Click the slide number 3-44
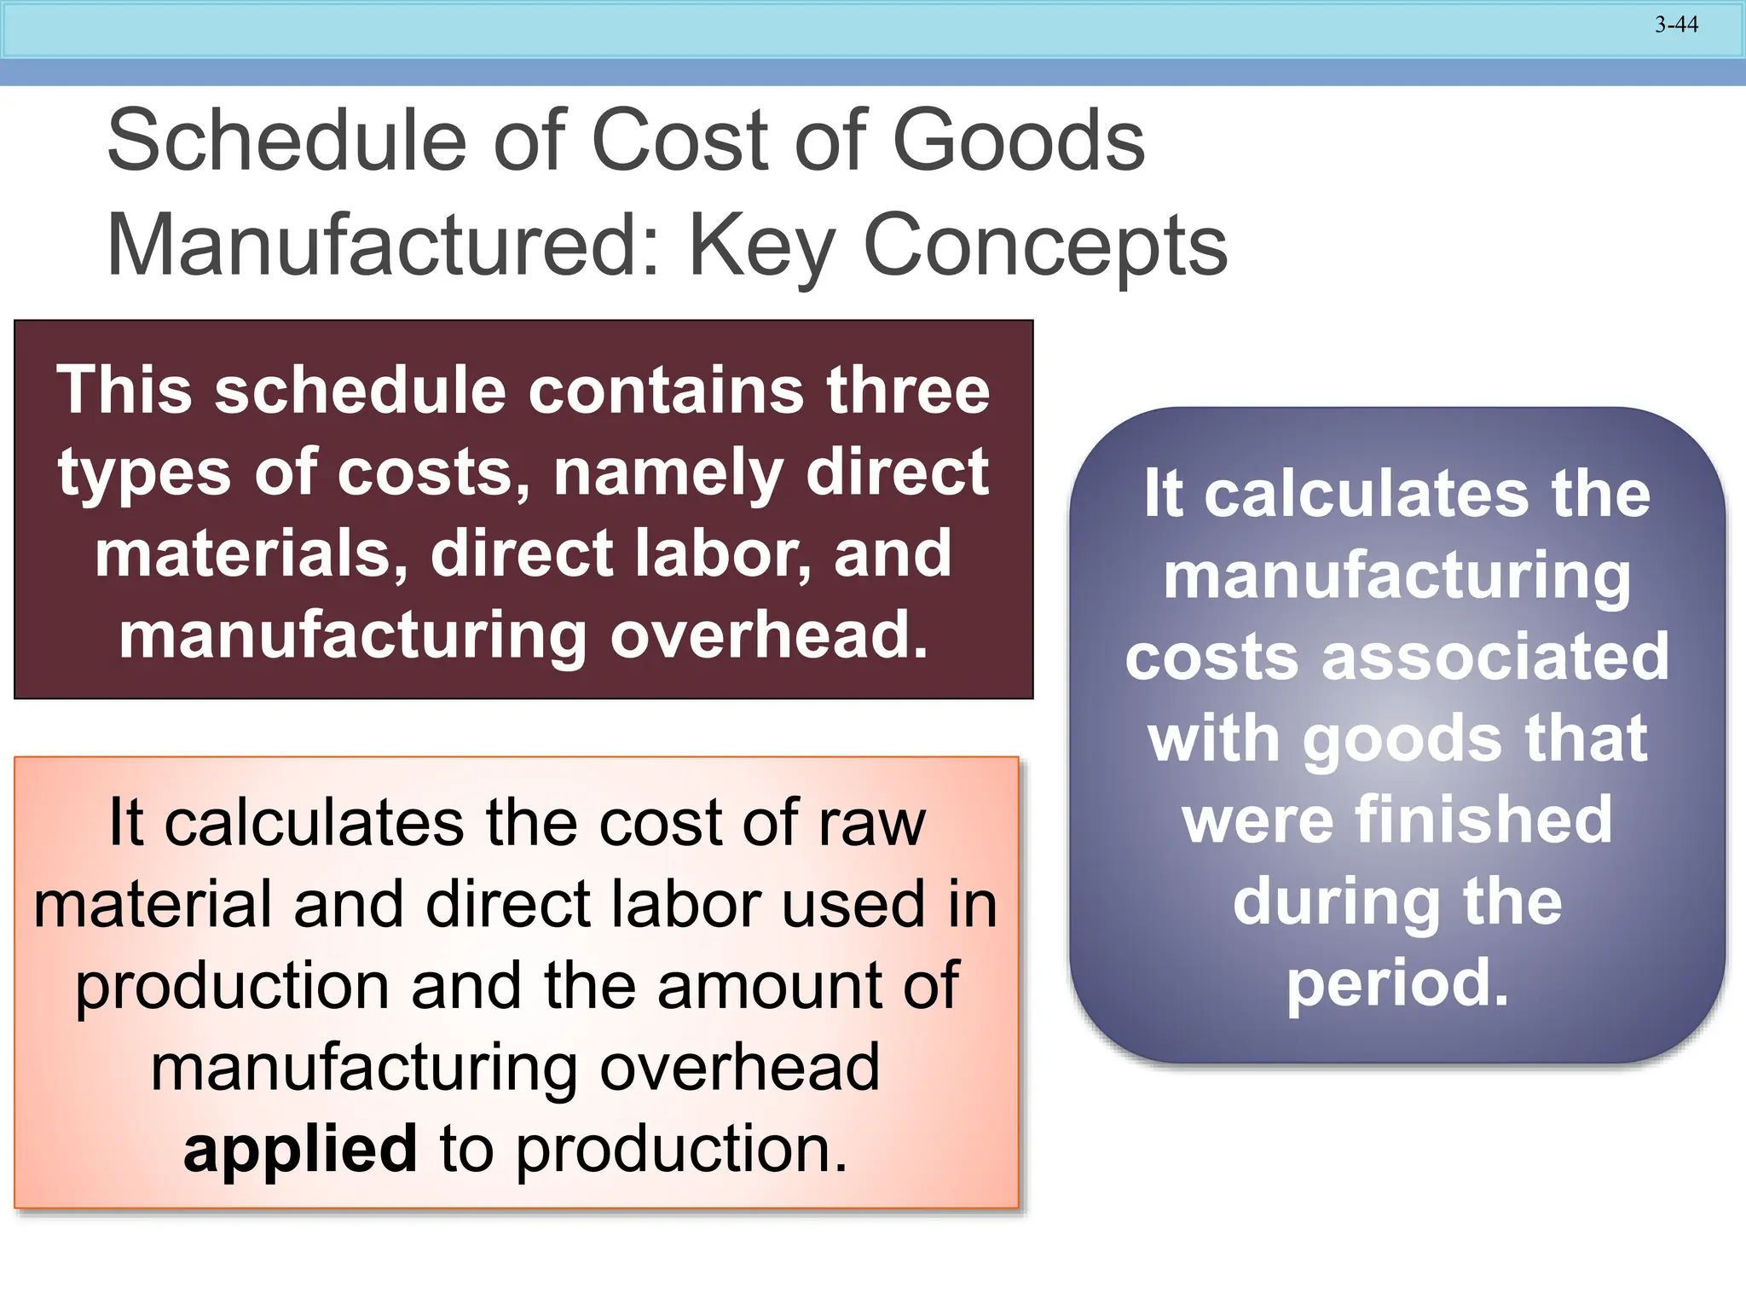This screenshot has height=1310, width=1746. tap(1676, 25)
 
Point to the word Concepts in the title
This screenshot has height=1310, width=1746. tap(1045, 246)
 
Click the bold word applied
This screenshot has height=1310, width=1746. tap(300, 1150)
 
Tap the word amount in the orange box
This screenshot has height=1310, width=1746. tap(771, 987)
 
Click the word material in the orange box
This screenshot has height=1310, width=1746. tap(153, 905)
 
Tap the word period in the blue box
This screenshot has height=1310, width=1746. tap(1396, 983)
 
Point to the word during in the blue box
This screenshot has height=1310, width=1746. tap(1337, 902)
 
